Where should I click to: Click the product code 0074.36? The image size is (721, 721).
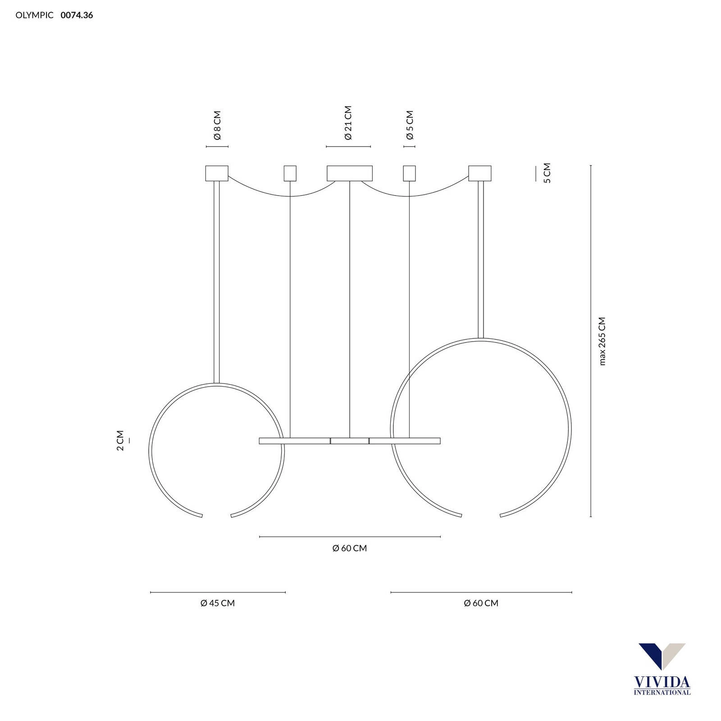77,15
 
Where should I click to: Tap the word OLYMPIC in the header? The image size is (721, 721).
35,15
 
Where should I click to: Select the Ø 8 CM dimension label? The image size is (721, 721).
217,125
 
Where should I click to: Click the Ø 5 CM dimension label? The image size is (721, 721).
409,125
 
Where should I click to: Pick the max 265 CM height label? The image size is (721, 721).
602,341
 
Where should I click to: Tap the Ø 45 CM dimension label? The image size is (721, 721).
218,603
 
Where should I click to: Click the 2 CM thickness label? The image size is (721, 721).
119,440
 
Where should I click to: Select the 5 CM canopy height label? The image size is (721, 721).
547,173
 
